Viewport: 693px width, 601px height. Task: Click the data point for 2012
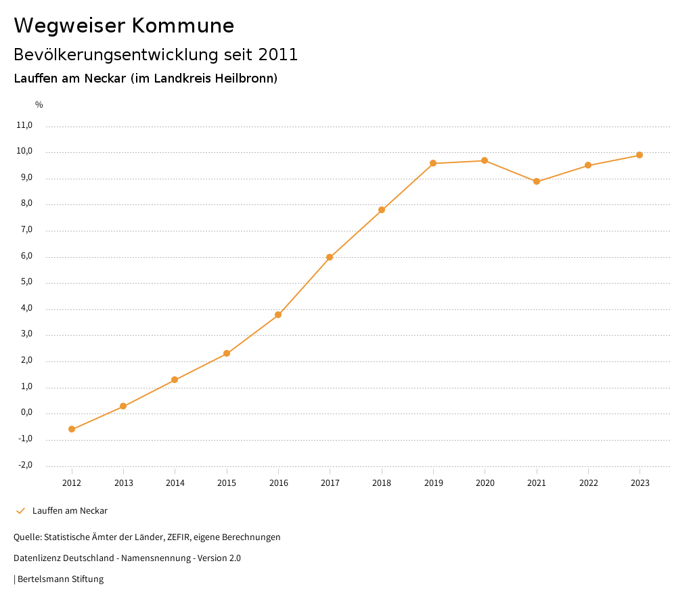click(72, 429)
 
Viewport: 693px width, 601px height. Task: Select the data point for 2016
click(278, 315)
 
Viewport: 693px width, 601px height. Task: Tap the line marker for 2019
click(433, 163)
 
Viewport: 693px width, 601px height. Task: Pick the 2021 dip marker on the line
click(537, 181)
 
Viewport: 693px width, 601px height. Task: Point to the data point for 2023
click(640, 155)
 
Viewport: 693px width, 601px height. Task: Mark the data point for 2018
click(382, 210)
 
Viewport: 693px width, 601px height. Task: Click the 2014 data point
click(175, 380)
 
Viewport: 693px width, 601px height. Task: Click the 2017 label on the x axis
click(330, 483)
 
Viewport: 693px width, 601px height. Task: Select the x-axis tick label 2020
click(485, 483)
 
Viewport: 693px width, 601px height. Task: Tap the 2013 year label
click(123, 483)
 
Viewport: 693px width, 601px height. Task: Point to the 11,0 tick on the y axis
click(24, 125)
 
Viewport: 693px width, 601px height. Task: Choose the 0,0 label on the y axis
click(26, 413)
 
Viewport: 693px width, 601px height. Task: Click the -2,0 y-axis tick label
click(25, 465)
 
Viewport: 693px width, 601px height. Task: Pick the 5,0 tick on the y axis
click(26, 282)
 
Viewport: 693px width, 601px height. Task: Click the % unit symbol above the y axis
click(39, 105)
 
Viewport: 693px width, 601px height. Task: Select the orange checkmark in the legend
click(20, 511)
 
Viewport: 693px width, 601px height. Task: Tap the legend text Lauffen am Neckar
click(70, 511)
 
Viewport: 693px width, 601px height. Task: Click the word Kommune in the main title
click(183, 26)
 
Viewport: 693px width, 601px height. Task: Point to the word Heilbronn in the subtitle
click(245, 79)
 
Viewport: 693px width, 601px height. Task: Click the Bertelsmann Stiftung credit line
click(60, 579)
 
